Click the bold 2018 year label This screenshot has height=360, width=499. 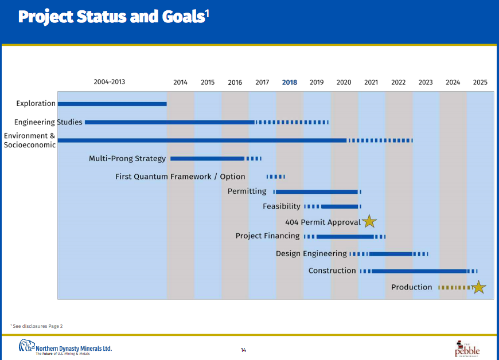click(x=290, y=83)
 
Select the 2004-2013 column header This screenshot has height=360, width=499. click(x=109, y=82)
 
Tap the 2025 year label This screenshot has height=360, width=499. click(x=480, y=83)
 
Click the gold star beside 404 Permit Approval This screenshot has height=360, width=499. click(x=369, y=221)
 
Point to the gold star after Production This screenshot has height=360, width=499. click(x=479, y=287)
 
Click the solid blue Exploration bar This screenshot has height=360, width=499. click(x=112, y=104)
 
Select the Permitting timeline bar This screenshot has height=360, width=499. click(x=317, y=191)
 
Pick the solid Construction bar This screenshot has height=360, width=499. click(x=419, y=271)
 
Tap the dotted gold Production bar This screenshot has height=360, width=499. click(x=454, y=287)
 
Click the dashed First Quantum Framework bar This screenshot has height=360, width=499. click(x=275, y=177)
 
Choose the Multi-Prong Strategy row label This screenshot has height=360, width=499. click(x=127, y=158)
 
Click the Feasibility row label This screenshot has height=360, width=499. click(x=282, y=206)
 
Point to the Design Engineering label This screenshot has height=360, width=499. click(x=311, y=253)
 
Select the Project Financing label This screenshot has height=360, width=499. click(x=267, y=236)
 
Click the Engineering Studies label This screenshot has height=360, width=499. click(x=49, y=122)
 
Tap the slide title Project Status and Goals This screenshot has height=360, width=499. click(x=112, y=17)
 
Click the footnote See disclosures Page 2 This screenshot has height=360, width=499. click(x=37, y=326)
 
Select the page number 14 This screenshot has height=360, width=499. click(x=243, y=350)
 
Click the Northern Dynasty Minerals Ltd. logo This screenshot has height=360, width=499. click(x=65, y=347)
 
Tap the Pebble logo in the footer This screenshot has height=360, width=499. click(x=467, y=348)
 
